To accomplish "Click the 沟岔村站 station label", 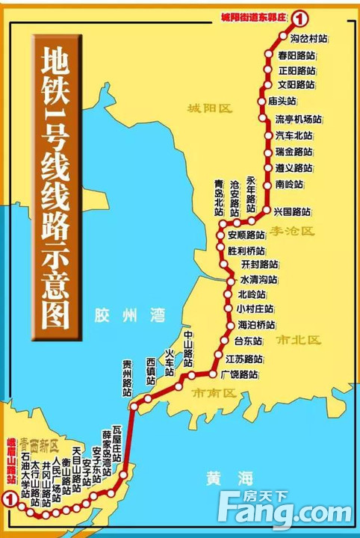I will pos(308,37).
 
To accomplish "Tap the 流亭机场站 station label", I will pos(298,119).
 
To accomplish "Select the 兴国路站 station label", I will pos(294,211).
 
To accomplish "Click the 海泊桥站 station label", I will pos(256,324).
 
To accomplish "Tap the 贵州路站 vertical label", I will pos(128,377).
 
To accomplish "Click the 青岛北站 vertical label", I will pos(219,198).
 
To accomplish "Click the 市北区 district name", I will pos(298,340).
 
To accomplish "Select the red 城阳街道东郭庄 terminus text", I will pos(254,16).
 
